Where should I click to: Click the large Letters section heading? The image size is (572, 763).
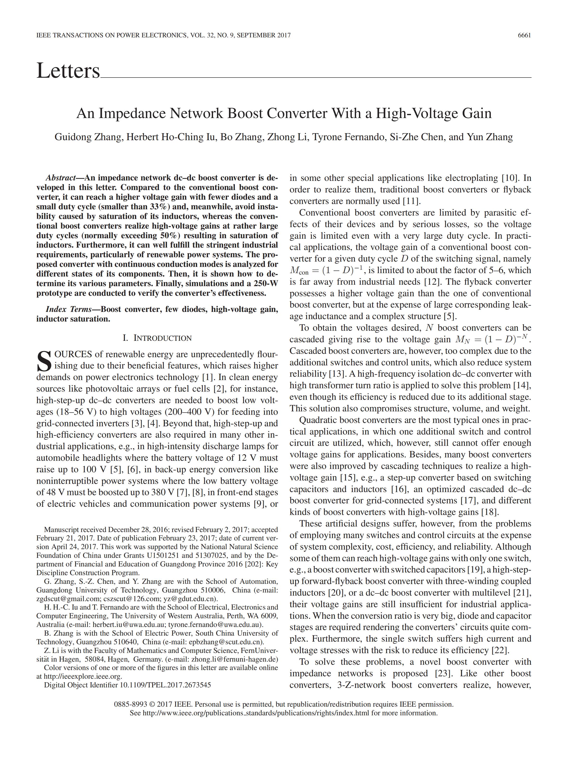pos(68,71)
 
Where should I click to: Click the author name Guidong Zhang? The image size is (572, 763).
pos(88,137)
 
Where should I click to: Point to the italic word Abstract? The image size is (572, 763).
pos(60,178)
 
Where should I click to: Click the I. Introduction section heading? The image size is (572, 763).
pos(157,338)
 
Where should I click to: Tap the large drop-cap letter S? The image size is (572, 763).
pos(44,361)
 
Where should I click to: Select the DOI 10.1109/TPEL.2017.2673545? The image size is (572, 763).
pos(165,685)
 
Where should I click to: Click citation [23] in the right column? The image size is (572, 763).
pos(437,673)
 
